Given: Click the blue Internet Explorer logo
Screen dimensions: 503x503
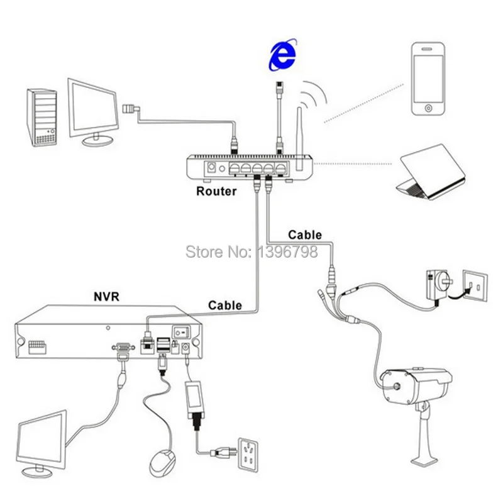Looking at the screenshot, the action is pyautogui.click(x=282, y=55).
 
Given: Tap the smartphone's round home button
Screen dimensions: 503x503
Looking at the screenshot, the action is pyautogui.click(x=428, y=108).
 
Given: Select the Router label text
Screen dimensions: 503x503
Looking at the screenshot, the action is pyautogui.click(x=216, y=191).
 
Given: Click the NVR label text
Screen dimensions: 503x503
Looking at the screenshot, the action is pyautogui.click(x=106, y=296).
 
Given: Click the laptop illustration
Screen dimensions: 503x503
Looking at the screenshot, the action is pyautogui.click(x=431, y=172).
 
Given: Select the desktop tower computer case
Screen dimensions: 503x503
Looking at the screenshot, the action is pyautogui.click(x=41, y=118).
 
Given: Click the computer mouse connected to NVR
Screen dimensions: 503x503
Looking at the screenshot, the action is pyautogui.click(x=162, y=463).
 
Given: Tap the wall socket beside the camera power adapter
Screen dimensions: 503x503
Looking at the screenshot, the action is pyautogui.click(x=474, y=285).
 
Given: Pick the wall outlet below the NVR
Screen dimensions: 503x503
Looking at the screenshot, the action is pyautogui.click(x=248, y=455).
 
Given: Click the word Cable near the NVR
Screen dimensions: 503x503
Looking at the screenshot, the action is pyautogui.click(x=225, y=306).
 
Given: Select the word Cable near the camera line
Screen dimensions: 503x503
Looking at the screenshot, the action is pyautogui.click(x=305, y=235).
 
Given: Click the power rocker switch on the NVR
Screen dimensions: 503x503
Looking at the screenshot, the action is pyautogui.click(x=182, y=333).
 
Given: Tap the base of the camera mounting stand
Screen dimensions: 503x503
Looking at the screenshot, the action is pyautogui.click(x=424, y=461).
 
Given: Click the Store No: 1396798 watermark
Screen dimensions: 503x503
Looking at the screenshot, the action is pyautogui.click(x=252, y=251).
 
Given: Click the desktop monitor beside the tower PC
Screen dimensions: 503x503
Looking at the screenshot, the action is pyautogui.click(x=93, y=113).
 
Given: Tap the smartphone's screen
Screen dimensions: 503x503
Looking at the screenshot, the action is pyautogui.click(x=428, y=79).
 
